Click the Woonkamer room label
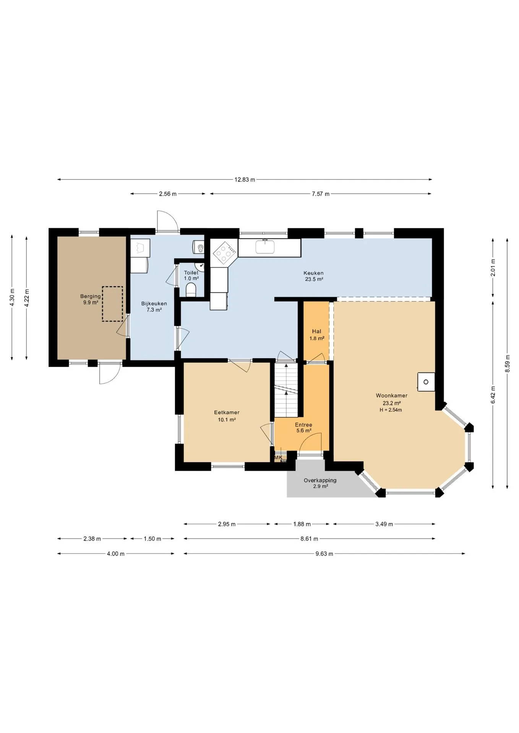pos(391,396)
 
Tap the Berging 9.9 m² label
pos(91,299)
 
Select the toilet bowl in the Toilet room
pos(191,290)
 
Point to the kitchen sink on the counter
pos(265,247)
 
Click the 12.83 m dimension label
pos(245,179)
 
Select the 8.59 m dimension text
pos(507,363)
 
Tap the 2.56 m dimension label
pos(168,194)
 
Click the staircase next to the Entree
pos(286,390)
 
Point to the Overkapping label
pos(320,480)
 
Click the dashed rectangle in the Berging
pos(112,304)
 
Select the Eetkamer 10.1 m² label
pos(227,416)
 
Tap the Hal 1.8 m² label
pos(317,335)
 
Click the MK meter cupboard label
pos(278,457)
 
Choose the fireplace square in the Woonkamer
pos(426,382)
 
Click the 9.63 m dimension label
pos(324,554)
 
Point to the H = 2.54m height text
pos(391,410)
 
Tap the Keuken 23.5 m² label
pos(314,276)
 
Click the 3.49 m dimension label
pos(384,524)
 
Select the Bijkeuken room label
pos(154,304)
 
